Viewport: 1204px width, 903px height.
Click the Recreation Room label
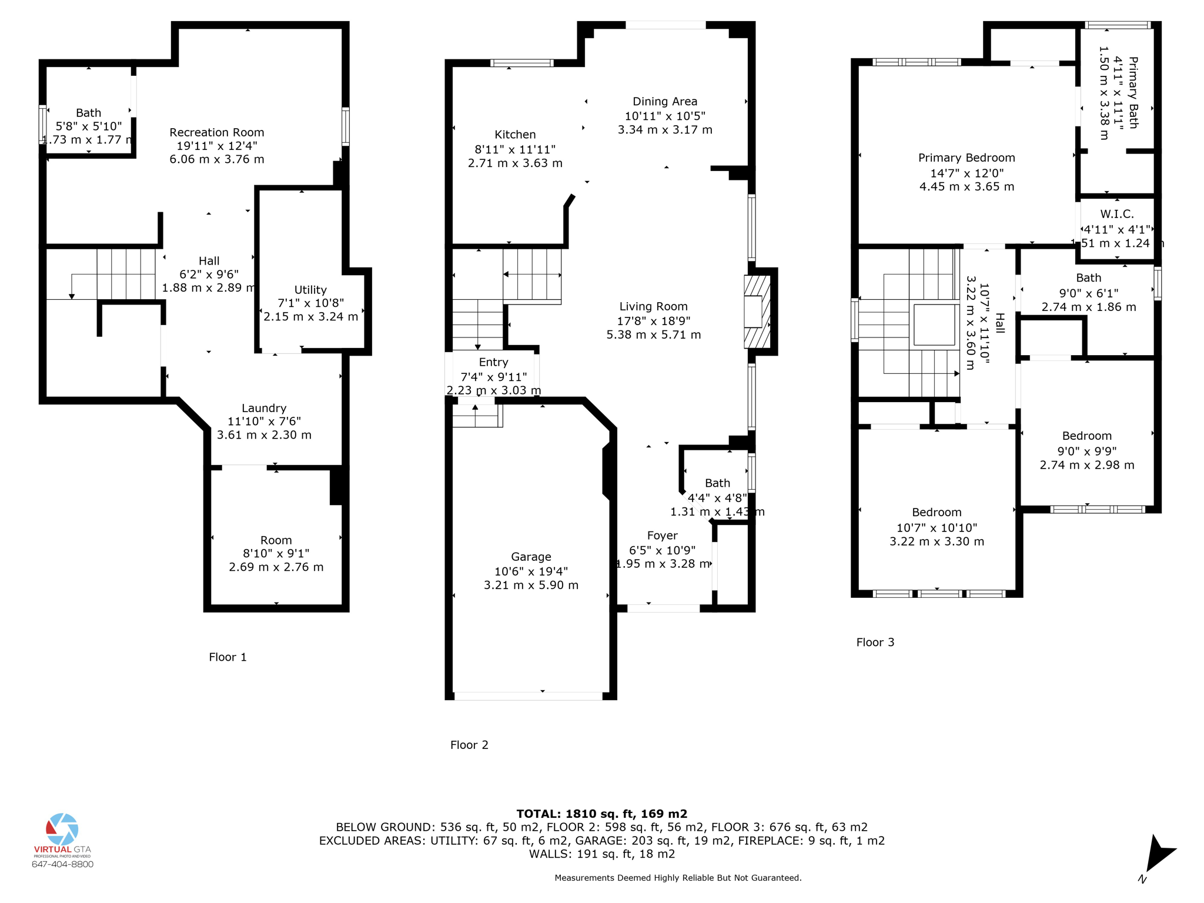217,132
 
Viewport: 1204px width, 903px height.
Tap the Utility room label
310,290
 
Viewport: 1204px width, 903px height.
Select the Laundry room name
264,408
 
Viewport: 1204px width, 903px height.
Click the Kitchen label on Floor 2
515,135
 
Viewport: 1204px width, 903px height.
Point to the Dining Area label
665,102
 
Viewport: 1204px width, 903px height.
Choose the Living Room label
653,306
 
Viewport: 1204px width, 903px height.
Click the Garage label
531,557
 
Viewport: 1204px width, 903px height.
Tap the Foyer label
662,536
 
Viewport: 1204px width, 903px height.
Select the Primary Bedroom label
966,158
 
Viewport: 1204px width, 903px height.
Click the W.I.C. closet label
1117,214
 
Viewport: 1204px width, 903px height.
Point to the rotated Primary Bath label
1133,92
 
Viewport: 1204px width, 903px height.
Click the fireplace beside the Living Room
757,312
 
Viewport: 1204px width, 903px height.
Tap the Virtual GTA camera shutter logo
62,830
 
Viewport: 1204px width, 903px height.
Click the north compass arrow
1160,852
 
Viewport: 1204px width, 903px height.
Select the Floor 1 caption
228,657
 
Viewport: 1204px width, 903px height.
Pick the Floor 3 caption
875,643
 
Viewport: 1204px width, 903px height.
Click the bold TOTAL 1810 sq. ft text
601,814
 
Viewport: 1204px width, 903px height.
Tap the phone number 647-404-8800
62,864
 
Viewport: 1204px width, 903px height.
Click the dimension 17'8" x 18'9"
653,321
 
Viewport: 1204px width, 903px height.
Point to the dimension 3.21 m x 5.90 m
531,585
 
